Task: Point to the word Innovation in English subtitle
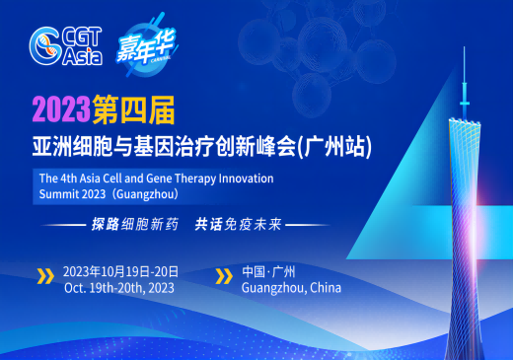point(239,178)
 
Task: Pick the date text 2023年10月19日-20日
point(119,271)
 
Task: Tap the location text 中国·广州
point(269,271)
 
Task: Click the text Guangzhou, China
point(296,288)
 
